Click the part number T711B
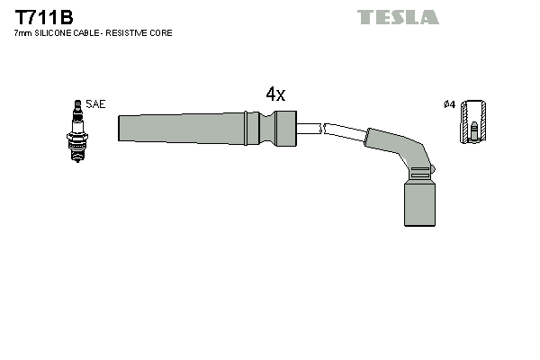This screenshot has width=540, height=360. [43, 17]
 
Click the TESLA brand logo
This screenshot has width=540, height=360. [398, 17]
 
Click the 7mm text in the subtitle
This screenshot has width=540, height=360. [23, 33]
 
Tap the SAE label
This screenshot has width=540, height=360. [95, 104]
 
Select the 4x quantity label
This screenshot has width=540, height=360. [275, 94]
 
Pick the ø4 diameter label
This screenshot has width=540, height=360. [449, 104]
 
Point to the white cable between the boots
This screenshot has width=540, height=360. [333, 130]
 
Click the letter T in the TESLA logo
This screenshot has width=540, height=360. [365, 17]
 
